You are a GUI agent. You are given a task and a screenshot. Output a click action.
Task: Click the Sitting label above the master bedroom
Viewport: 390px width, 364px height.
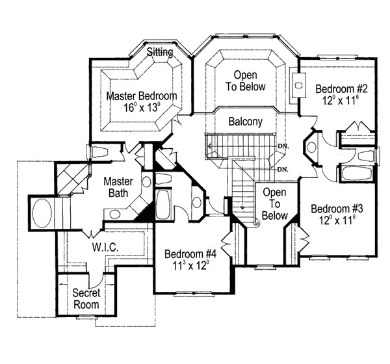pyautogui.click(x=159, y=51)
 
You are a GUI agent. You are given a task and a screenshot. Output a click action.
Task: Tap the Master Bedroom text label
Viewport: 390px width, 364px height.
pyautogui.click(x=142, y=96)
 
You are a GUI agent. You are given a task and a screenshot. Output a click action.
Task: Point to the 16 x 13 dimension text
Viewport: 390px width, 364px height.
pyautogui.click(x=142, y=109)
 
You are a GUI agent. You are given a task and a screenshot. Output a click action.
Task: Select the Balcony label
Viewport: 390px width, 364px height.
pyautogui.click(x=246, y=122)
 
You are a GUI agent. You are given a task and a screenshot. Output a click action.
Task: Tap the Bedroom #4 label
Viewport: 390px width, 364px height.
pyautogui.click(x=190, y=253)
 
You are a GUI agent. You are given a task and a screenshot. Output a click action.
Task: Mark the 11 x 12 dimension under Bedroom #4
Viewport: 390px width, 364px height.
pyautogui.click(x=190, y=266)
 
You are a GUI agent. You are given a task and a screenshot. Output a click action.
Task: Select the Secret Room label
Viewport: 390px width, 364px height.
pyautogui.click(x=86, y=298)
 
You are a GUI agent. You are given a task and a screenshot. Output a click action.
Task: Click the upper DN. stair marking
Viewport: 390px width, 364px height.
pyautogui.click(x=281, y=146)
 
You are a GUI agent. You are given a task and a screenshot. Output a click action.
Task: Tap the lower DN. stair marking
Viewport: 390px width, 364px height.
pyautogui.click(x=282, y=170)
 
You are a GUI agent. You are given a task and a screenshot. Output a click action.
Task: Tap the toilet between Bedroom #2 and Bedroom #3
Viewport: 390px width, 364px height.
pyautogui.click(x=311, y=148)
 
